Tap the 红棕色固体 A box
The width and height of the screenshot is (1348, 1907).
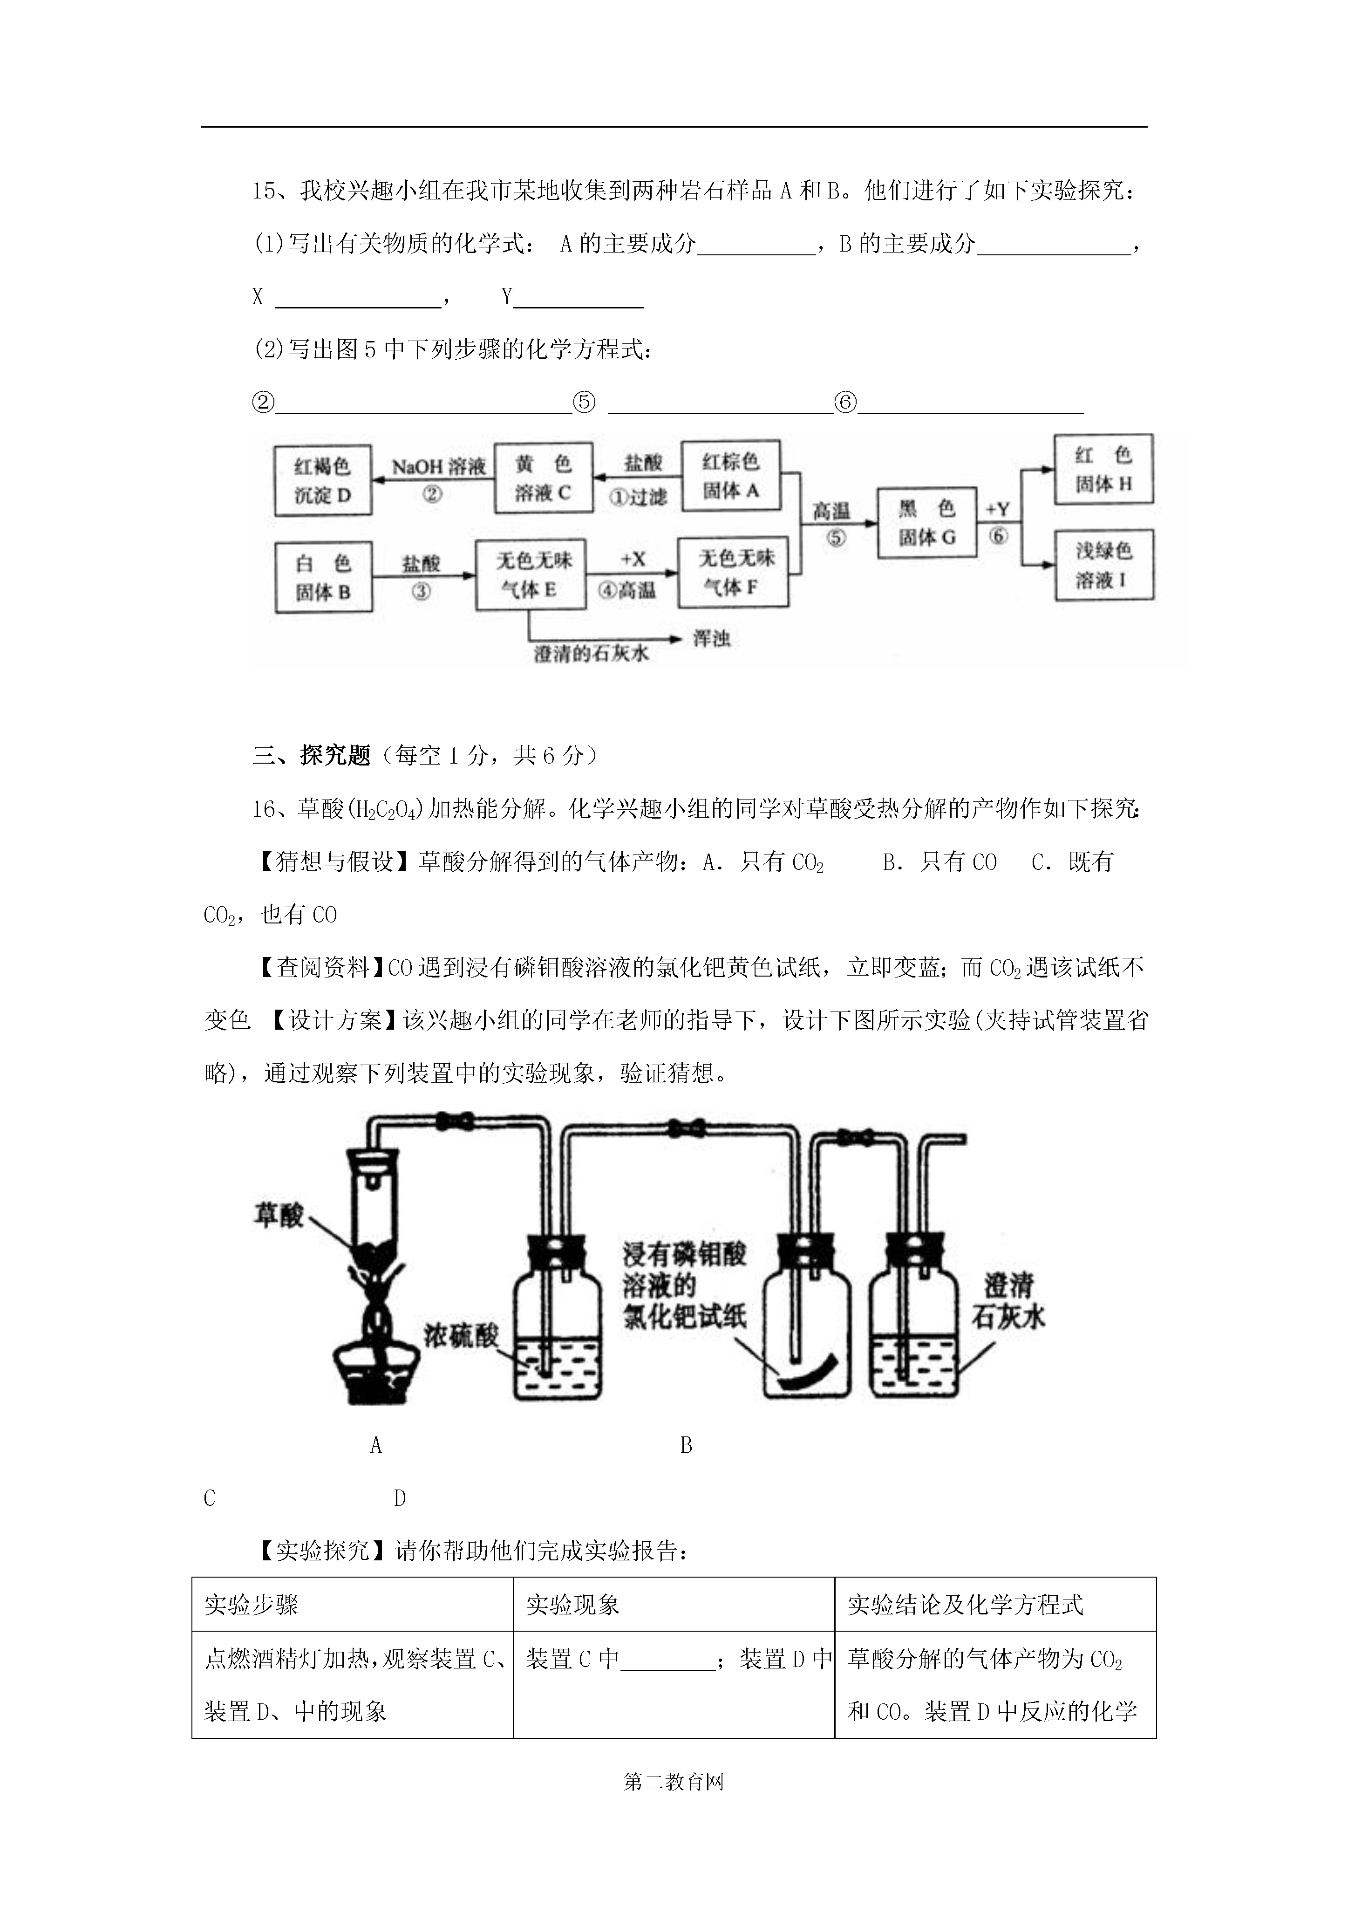pos(731,475)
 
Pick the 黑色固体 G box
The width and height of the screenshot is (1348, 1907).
pos(927,522)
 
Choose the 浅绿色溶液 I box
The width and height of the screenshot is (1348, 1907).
pos(1105,565)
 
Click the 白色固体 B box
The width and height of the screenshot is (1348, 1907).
pos(323,577)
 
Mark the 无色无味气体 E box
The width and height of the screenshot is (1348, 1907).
pos(530,575)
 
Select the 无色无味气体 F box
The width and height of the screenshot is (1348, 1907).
pos(733,572)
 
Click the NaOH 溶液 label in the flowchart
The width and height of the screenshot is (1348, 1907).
pos(438,467)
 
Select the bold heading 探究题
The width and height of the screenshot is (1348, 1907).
pos(335,755)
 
